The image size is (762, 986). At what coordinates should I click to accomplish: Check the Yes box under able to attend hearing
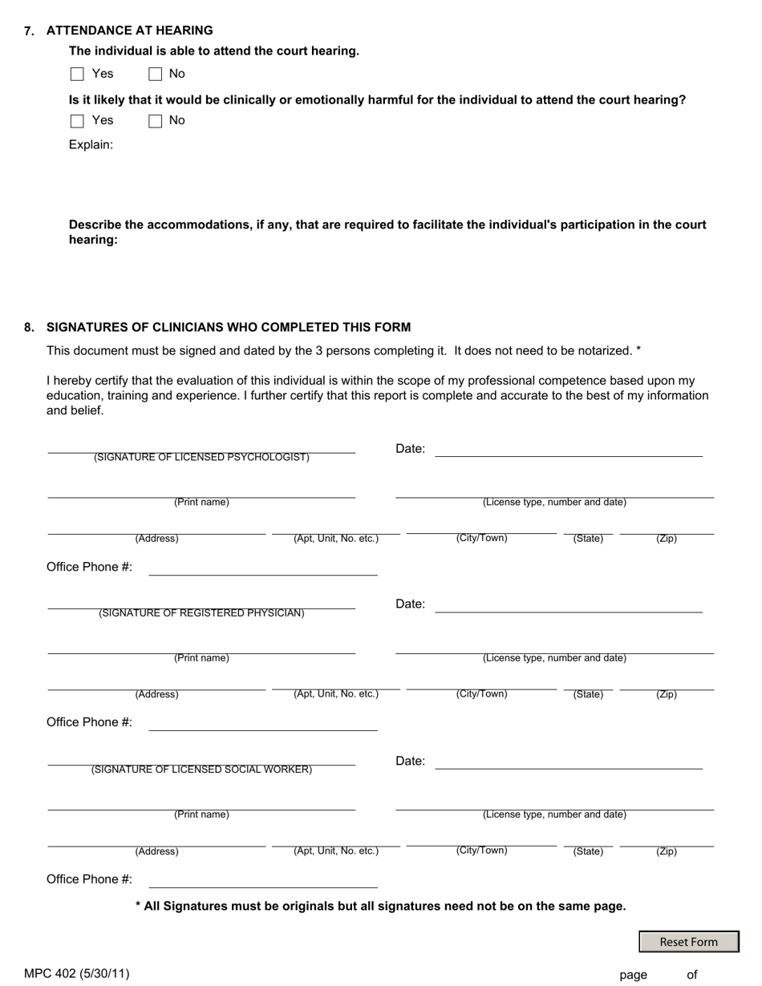click(77, 75)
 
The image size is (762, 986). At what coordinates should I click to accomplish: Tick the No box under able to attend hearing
click(156, 75)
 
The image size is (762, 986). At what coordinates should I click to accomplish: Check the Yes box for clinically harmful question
click(77, 121)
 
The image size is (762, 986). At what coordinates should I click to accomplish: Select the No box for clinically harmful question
click(156, 121)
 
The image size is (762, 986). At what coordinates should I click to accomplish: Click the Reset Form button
click(688, 942)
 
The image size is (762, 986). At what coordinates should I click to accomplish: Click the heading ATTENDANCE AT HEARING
click(129, 30)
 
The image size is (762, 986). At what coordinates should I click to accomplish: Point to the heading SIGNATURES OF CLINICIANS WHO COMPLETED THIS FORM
click(229, 327)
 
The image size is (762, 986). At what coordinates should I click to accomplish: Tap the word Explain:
click(91, 145)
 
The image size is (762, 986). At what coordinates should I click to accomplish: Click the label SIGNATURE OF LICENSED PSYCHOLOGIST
click(201, 458)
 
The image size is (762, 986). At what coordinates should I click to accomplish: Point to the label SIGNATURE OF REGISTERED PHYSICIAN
click(201, 613)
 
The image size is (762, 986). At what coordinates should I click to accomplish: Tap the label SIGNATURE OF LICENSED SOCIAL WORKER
click(201, 770)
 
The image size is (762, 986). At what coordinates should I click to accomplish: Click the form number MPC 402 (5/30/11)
click(77, 974)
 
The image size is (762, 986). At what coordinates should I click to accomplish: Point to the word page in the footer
click(633, 975)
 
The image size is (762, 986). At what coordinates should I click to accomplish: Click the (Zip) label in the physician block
click(667, 694)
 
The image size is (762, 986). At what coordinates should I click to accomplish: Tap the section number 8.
click(29, 327)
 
